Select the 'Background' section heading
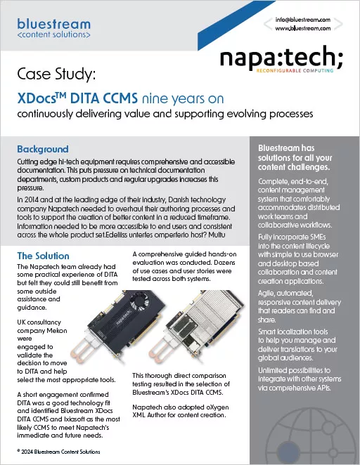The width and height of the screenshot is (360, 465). click(x=42, y=149)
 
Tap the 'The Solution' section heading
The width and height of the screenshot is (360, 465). click(x=46, y=255)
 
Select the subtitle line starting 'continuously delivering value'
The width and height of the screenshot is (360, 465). click(x=165, y=114)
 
